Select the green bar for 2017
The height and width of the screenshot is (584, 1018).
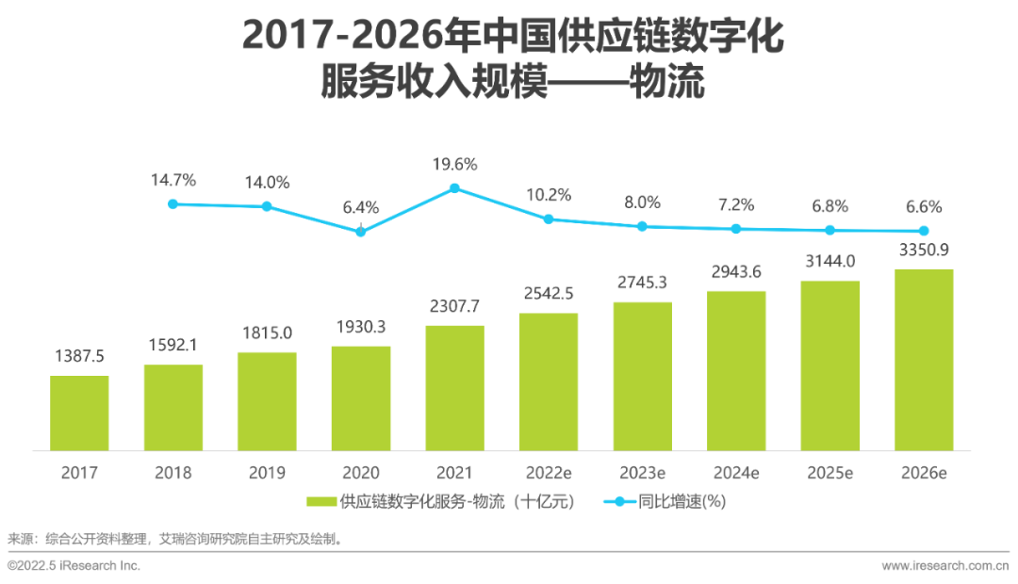pyautogui.click(x=79, y=412)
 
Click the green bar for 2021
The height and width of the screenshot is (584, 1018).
pyautogui.click(x=454, y=387)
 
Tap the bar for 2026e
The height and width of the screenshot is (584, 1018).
pyautogui.click(x=924, y=359)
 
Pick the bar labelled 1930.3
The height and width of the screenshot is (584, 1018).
pyautogui.click(x=361, y=397)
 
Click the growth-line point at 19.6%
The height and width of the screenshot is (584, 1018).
pyautogui.click(x=454, y=188)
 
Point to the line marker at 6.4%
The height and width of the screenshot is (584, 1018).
pyautogui.click(x=361, y=231)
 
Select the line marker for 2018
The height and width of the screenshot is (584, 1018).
pyautogui.click(x=172, y=203)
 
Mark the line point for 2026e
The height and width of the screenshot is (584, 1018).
pyautogui.click(x=924, y=231)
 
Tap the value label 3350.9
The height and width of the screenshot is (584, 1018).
pyautogui.click(x=924, y=250)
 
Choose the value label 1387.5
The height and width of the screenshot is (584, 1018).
pyautogui.click(x=79, y=356)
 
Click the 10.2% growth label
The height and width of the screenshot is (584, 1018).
pyautogui.click(x=549, y=195)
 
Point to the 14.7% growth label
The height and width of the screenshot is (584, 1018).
pyautogui.click(x=172, y=180)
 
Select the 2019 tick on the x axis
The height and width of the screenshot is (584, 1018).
pyautogui.click(x=267, y=472)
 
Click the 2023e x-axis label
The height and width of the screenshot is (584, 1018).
pyautogui.click(x=642, y=472)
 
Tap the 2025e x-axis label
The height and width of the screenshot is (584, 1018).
pyautogui.click(x=829, y=472)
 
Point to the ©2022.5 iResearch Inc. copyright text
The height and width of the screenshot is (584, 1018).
pyautogui.click(x=74, y=565)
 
